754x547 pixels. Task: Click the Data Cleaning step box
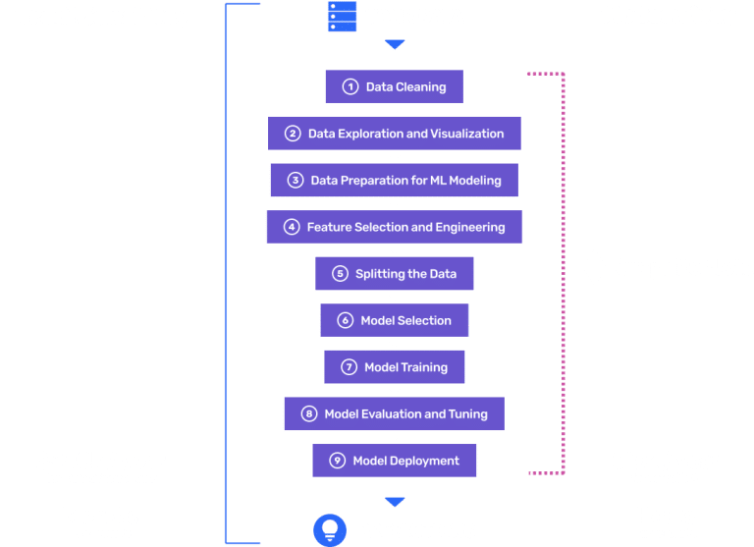(x=395, y=86)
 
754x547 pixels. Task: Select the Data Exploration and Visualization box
(x=395, y=134)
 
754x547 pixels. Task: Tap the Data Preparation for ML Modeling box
(x=395, y=180)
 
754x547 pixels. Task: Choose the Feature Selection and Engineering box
(x=395, y=227)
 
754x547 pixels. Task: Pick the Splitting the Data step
(x=395, y=274)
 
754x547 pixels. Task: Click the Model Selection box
(x=395, y=320)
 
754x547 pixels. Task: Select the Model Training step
(x=395, y=367)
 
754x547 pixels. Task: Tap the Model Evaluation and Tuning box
(x=395, y=413)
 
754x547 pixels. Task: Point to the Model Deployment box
(x=395, y=461)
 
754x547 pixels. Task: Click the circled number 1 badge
(x=350, y=86)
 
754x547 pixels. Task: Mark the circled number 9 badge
(x=337, y=461)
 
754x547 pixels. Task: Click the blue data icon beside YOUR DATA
(x=342, y=17)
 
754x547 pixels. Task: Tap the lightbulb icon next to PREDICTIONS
(x=330, y=530)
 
